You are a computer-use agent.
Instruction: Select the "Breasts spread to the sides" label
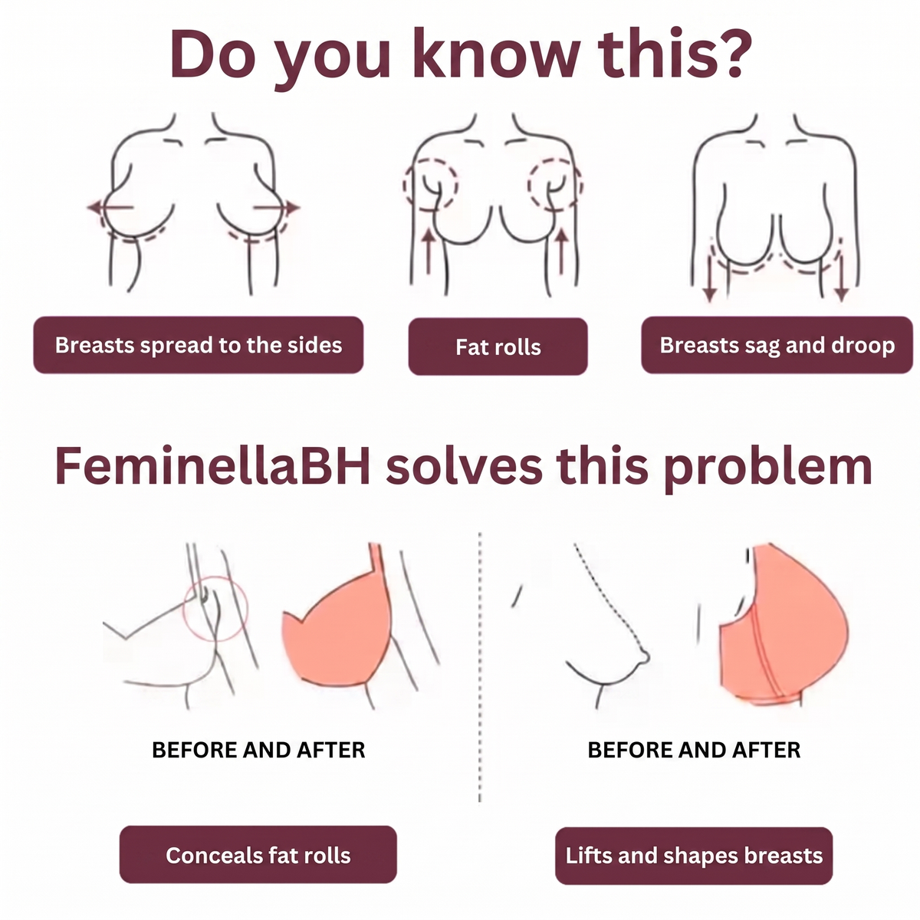click(198, 345)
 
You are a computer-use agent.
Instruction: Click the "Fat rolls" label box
click(498, 346)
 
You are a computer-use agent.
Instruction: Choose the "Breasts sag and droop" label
click(777, 345)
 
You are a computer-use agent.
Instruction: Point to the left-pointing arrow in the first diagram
click(110, 207)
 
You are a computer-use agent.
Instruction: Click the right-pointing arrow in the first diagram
click(276, 207)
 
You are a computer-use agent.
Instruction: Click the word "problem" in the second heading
click(767, 468)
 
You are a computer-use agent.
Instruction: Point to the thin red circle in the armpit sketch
click(184, 608)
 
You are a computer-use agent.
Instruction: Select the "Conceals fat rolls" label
click(258, 855)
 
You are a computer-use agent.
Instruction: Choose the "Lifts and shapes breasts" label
click(694, 856)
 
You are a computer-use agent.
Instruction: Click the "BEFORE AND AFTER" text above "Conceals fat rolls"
click(258, 750)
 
